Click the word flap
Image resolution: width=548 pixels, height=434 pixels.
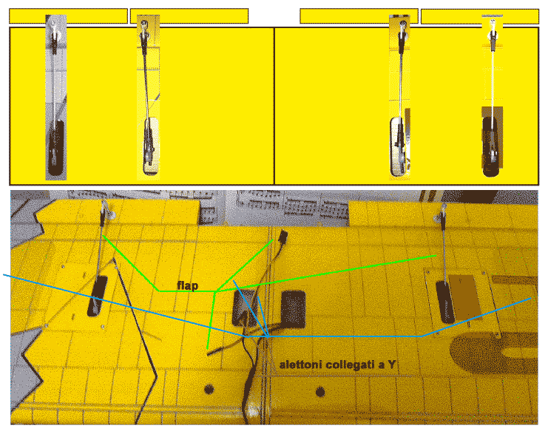187,285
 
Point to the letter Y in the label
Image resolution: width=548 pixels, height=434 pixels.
391,365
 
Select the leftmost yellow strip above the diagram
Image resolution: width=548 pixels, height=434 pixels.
68,16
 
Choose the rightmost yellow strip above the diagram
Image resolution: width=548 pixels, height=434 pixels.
479,16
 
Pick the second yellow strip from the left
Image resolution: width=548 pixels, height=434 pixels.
189,16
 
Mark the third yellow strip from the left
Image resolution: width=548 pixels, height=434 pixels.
359,16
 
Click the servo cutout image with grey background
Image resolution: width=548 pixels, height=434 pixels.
56,98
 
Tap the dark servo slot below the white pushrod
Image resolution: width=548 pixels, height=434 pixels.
491,147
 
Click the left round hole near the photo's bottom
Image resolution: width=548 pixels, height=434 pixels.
209,389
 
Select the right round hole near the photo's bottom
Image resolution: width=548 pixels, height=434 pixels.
320,392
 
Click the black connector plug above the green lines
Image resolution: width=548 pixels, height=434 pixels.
283,236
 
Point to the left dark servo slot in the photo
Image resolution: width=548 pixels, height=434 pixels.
98,296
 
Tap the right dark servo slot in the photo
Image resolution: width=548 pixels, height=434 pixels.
445,302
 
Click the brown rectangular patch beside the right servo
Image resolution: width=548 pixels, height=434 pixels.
465,297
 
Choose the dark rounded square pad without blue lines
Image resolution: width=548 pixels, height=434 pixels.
293,309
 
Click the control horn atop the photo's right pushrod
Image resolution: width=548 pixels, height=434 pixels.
441,214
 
